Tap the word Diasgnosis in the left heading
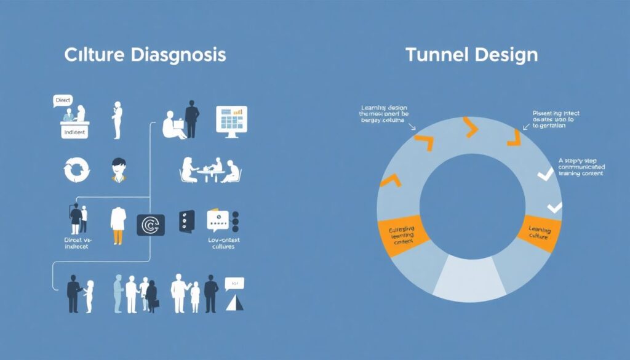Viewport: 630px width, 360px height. click(x=179, y=54)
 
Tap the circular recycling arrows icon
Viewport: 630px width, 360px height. click(x=76, y=169)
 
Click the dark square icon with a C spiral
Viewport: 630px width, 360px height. click(x=151, y=225)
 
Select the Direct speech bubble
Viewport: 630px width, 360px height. click(x=63, y=100)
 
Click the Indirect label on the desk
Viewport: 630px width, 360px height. click(x=74, y=132)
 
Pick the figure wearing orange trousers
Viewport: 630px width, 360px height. click(x=118, y=224)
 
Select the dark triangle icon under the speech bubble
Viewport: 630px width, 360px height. click(x=233, y=302)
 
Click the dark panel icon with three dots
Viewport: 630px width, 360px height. click(x=186, y=221)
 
